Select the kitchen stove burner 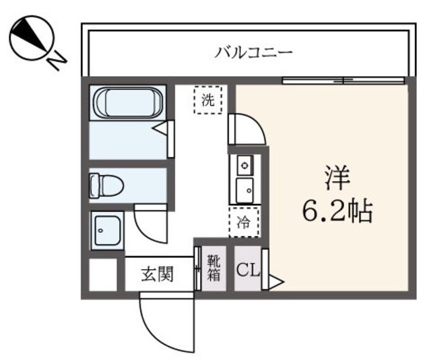point(244,164)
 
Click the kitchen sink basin point(244,189)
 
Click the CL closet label point(246,271)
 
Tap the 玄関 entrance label point(158,275)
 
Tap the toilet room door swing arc point(150,221)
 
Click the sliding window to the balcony point(343,81)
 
